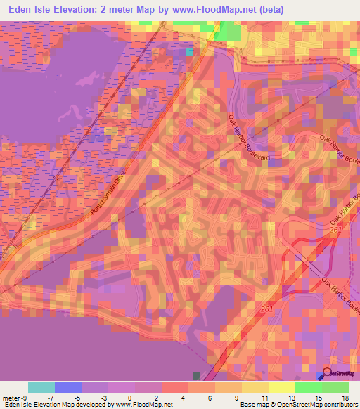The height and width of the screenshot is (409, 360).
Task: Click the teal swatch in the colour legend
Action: pyautogui.click(x=41, y=387)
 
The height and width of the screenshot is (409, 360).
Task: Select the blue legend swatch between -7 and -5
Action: pyautogui.click(x=68, y=387)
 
